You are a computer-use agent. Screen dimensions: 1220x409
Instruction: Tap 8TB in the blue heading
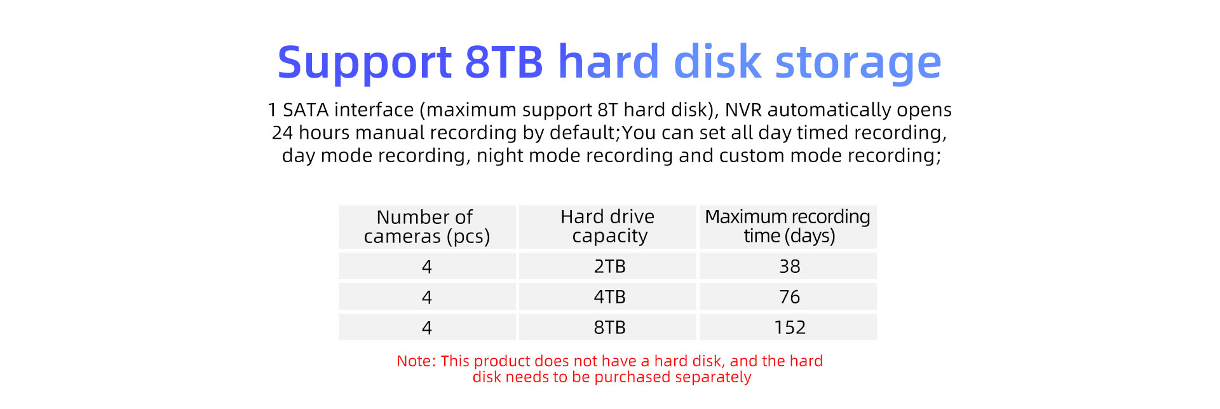505,62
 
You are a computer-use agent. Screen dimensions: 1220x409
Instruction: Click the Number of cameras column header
427,226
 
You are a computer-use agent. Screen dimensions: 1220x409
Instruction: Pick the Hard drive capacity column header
608,226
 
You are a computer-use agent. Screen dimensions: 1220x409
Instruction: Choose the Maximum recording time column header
788,226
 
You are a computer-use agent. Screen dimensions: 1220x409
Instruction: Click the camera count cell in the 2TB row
427,266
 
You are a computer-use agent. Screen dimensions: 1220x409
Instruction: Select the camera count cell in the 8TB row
427,327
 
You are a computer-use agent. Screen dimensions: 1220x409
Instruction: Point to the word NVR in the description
743,110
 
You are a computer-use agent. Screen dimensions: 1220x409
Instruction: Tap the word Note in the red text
416,361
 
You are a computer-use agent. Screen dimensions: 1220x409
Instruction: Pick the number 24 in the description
282,133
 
